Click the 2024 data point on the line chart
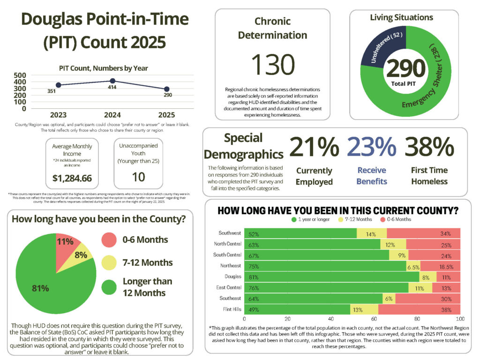pyautogui.click(x=112, y=81)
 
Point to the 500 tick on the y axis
pyautogui.click(x=20, y=75)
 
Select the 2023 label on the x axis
pyautogui.click(x=59, y=114)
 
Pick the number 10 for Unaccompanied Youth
pyautogui.click(x=138, y=177)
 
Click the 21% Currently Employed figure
pyautogui.click(x=314, y=147)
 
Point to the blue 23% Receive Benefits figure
pyautogui.click(x=372, y=147)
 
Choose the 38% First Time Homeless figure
pyautogui.click(x=429, y=147)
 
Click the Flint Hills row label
pyautogui.click(x=230, y=309)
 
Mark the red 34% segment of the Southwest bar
pyautogui.click(x=423, y=233)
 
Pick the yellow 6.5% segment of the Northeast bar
pyautogui.click(x=413, y=266)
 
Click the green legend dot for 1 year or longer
pyautogui.click(x=293, y=219)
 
